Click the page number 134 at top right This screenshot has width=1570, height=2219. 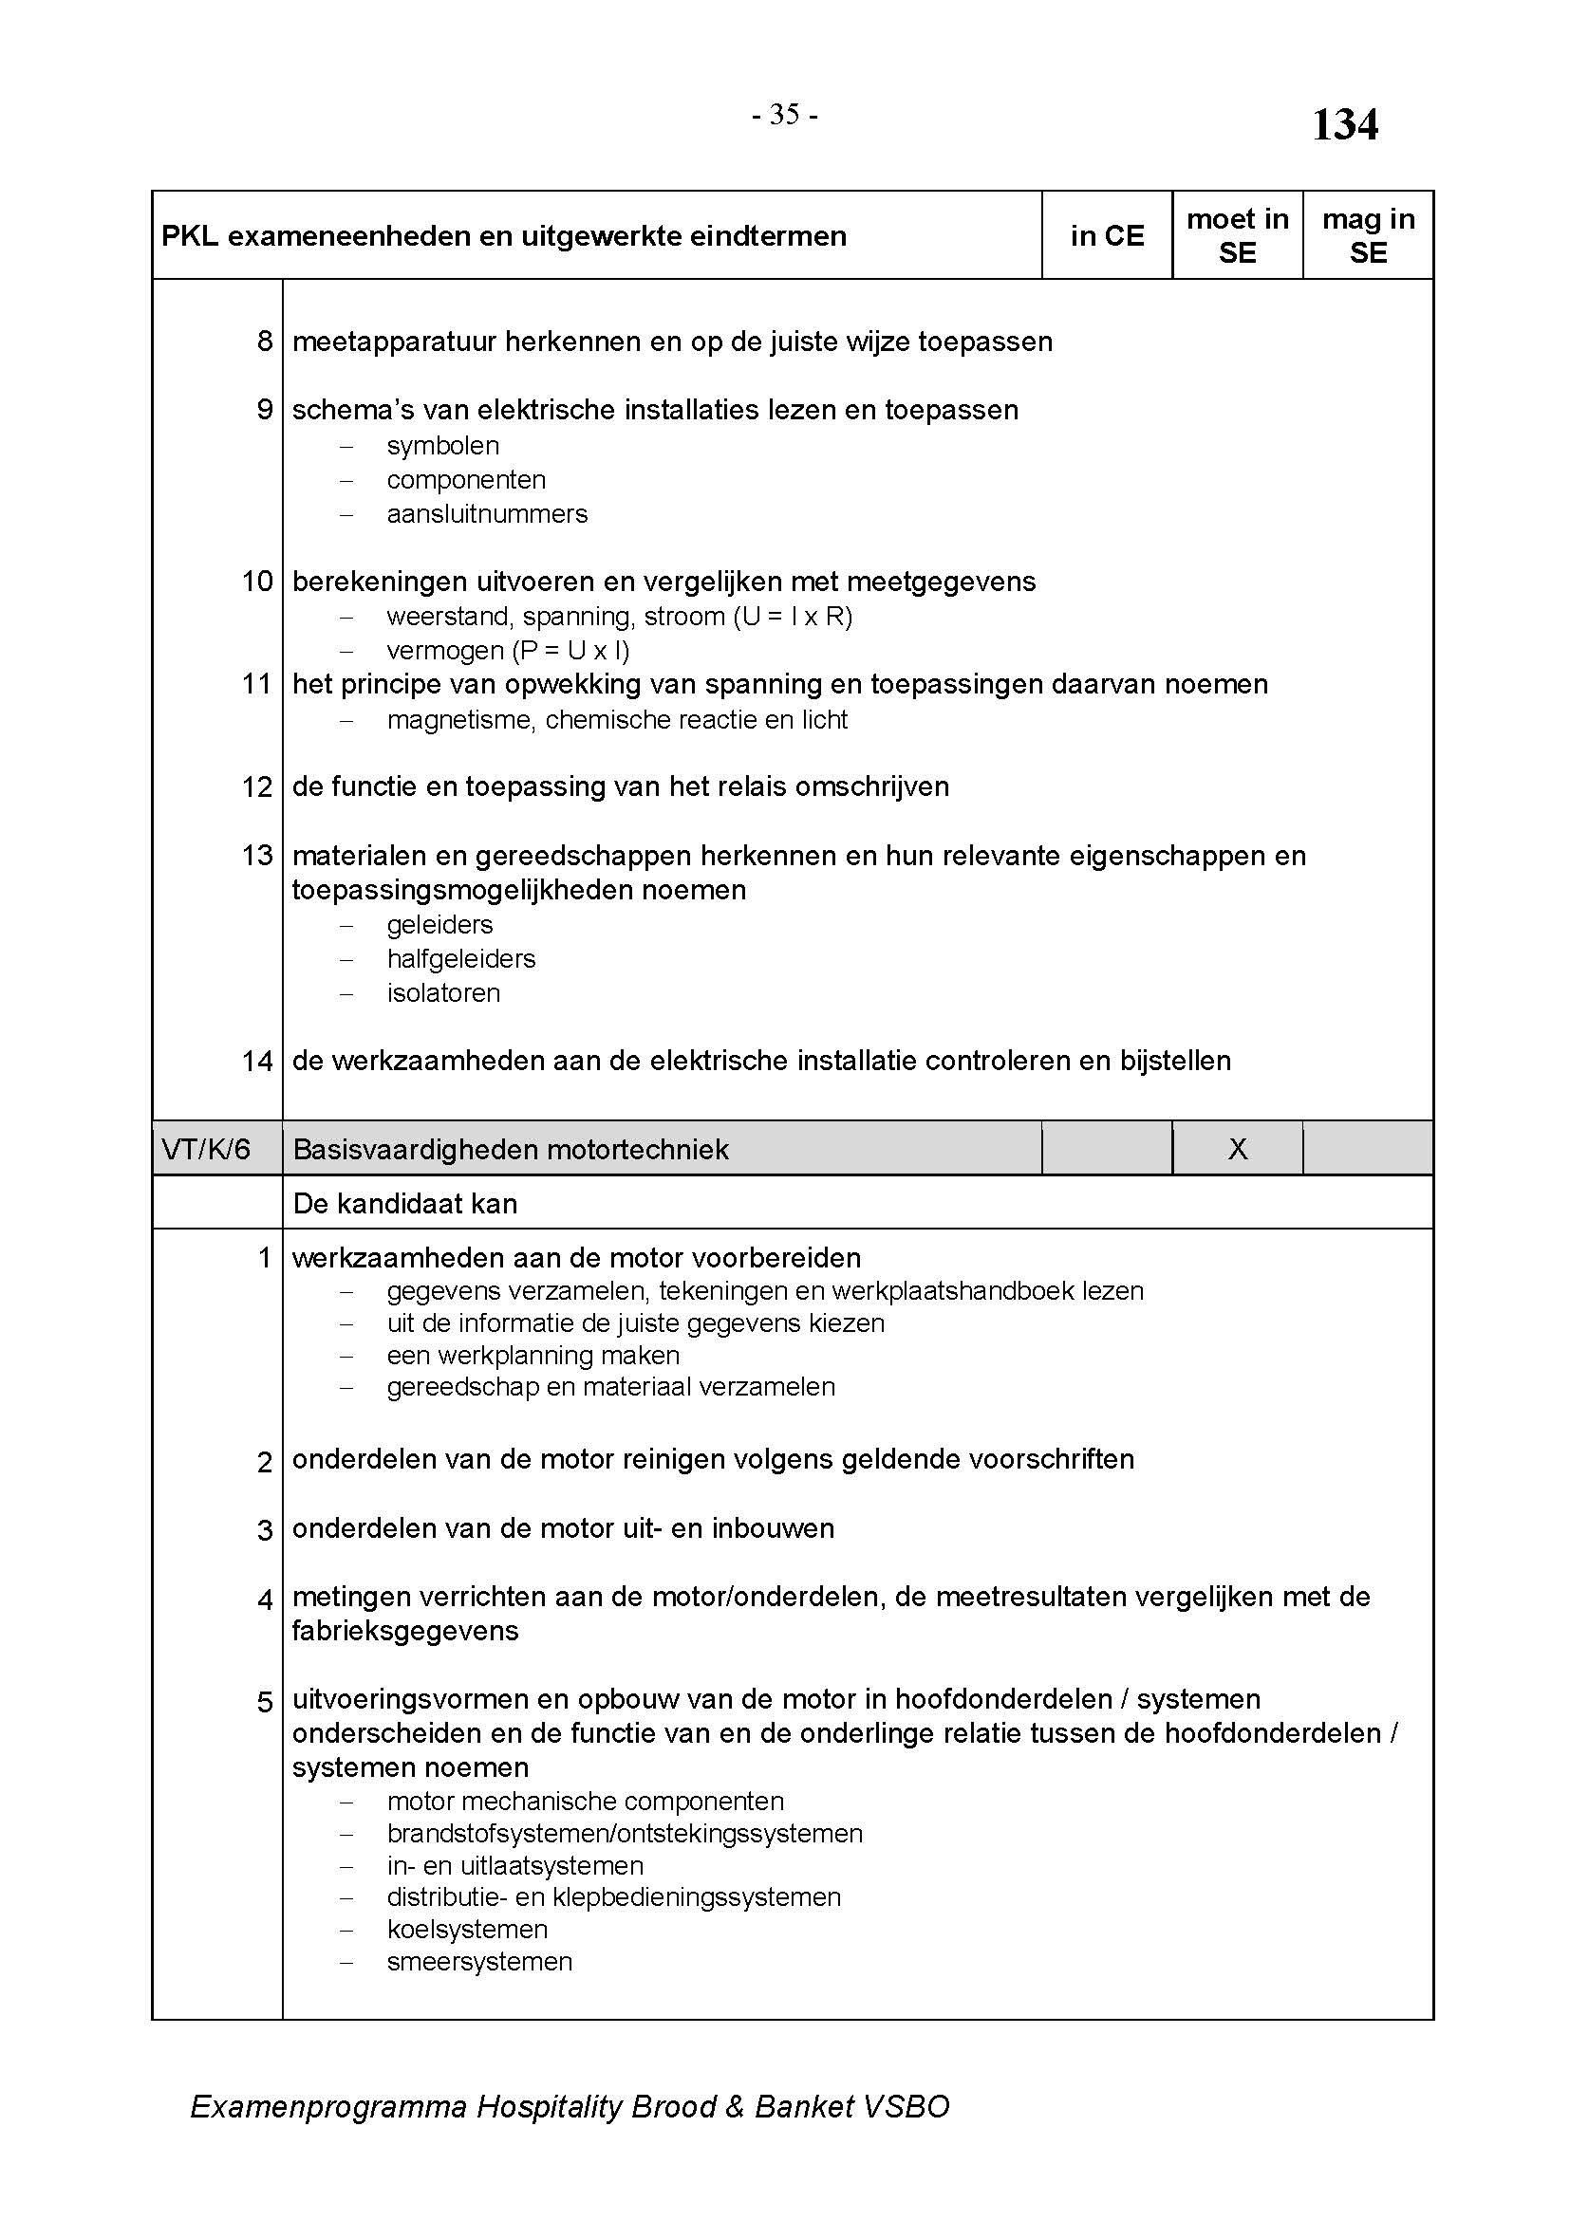click(x=1345, y=125)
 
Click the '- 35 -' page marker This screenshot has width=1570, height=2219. click(x=785, y=115)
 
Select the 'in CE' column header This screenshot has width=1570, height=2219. click(x=1107, y=236)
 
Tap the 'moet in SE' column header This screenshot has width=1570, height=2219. click(x=1238, y=236)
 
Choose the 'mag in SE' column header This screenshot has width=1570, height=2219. click(x=1368, y=236)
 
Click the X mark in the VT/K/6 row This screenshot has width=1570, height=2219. click(x=1238, y=1149)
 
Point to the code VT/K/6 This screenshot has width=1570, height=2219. click(x=206, y=1149)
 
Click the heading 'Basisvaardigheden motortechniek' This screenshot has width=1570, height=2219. click(x=511, y=1149)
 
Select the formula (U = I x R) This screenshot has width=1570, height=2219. click(x=793, y=617)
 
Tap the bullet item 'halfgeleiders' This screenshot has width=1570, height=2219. click(x=461, y=959)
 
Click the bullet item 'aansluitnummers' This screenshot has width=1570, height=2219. click(x=487, y=514)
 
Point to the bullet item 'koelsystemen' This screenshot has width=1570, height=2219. click(x=467, y=1929)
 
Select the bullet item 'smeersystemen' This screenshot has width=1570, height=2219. click(x=479, y=1961)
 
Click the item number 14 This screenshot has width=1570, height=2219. click(x=257, y=1062)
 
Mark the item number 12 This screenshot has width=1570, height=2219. click(x=257, y=786)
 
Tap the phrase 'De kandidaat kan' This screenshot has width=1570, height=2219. click(x=405, y=1203)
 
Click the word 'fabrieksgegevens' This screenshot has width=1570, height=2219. click(x=405, y=1632)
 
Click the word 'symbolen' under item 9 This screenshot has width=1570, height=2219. click(x=442, y=446)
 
